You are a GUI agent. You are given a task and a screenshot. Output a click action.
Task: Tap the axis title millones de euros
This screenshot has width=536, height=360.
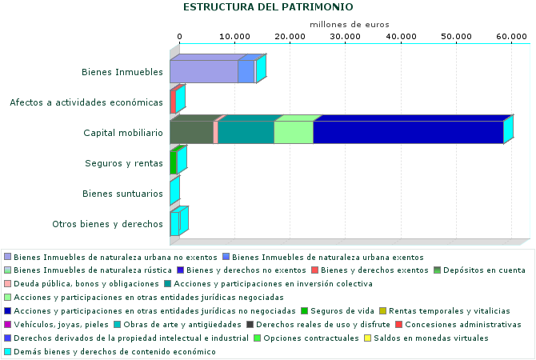[x=350, y=25]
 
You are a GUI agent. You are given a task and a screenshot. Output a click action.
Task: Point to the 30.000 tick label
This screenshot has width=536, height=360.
[x=344, y=37]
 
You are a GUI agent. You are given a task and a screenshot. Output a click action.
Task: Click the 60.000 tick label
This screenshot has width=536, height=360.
[x=512, y=37]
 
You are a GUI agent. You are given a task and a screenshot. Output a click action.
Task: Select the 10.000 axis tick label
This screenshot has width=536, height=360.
[x=234, y=37]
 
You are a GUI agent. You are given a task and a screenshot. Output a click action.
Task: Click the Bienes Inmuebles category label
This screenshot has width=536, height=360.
[x=122, y=72]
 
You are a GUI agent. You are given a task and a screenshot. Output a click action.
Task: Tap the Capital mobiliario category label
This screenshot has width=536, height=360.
[x=122, y=133]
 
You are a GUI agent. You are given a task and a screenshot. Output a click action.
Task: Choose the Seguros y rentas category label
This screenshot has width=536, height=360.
[x=124, y=163]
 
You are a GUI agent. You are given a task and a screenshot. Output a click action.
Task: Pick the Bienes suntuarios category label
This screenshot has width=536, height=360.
[x=123, y=194]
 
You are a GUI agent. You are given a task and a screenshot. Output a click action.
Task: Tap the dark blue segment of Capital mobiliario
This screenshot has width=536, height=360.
[x=407, y=132]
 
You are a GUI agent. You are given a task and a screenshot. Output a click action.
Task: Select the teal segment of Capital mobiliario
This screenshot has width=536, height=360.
[x=246, y=132]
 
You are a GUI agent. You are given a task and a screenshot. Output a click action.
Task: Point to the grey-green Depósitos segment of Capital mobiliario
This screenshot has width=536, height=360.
[x=191, y=132]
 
